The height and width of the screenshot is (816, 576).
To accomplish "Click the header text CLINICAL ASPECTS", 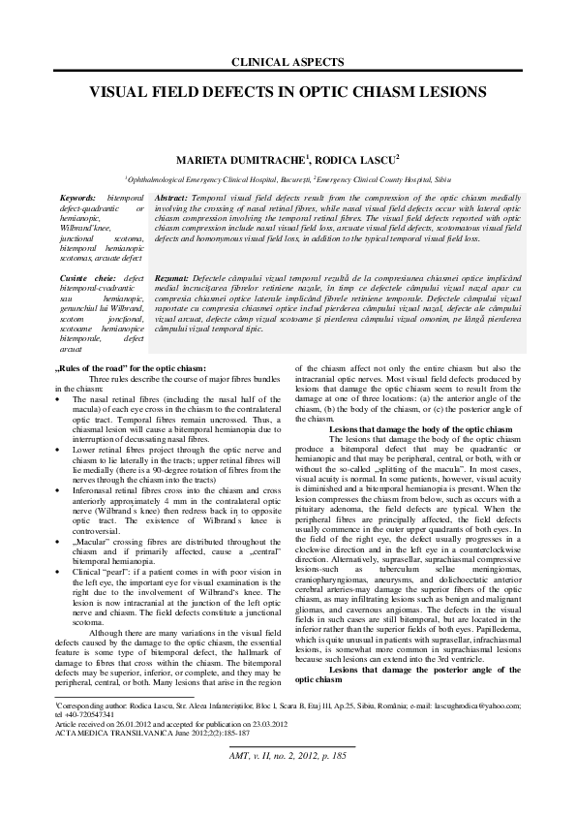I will click(288, 62).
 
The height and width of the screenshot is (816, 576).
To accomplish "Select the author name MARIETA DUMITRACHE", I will click(233, 157).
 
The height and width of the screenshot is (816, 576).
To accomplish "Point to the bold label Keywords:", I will click(78, 196).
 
